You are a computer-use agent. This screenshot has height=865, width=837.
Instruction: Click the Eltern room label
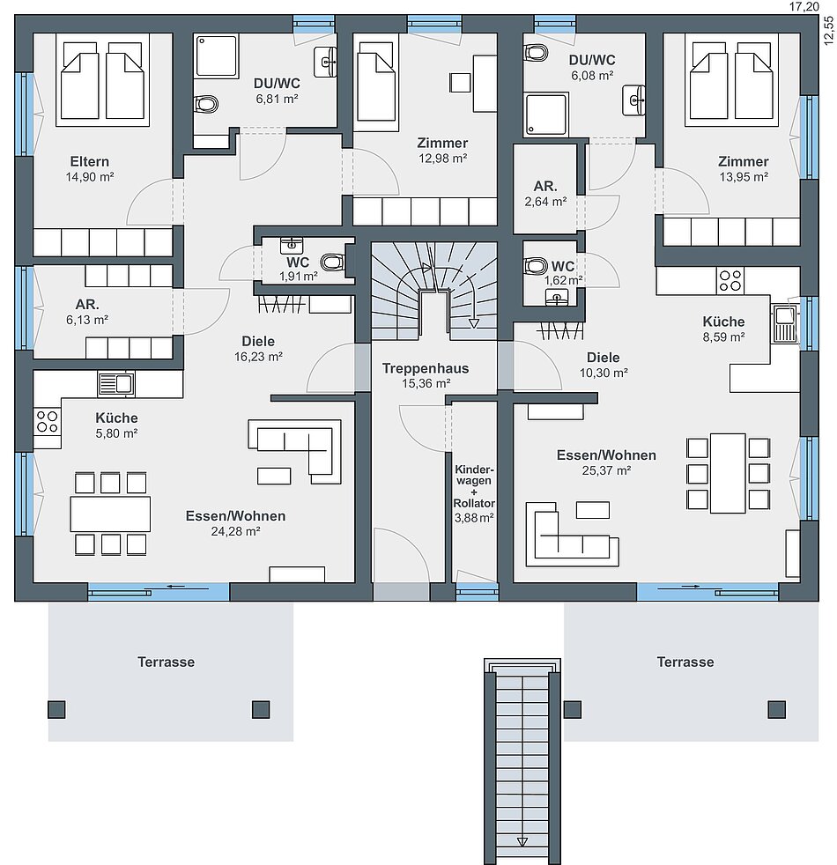(89, 161)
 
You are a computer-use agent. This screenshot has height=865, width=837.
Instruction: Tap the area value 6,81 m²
(277, 100)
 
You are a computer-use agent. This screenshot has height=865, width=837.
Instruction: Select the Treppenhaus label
(426, 368)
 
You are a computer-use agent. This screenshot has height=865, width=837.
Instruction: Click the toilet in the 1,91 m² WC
(332, 262)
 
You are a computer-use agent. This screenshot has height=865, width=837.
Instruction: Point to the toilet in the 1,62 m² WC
(535, 265)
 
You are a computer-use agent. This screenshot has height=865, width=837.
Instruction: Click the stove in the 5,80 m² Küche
(47, 422)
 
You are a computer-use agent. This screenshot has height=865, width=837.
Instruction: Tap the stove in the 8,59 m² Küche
(730, 280)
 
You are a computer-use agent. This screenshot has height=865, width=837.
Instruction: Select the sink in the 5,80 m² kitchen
(116, 384)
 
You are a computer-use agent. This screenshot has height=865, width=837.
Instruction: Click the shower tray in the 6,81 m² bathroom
(216, 55)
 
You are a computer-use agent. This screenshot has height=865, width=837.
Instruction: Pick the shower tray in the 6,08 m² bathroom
(546, 115)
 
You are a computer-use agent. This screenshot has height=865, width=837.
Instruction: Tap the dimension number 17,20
(804, 7)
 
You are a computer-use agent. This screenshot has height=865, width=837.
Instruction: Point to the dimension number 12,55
(828, 30)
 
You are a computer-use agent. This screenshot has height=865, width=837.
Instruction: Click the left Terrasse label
(166, 662)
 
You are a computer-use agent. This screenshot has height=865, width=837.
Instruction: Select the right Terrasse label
(685, 662)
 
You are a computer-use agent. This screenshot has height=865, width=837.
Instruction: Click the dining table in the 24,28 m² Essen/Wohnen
(110, 514)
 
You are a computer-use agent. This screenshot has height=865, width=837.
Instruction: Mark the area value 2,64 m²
(545, 202)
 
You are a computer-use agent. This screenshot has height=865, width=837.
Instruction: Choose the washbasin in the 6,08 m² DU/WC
(634, 100)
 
